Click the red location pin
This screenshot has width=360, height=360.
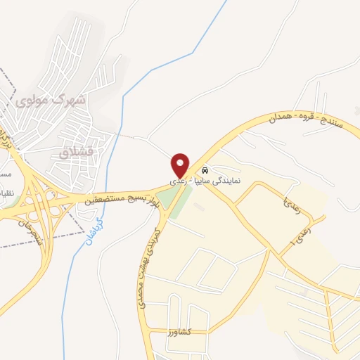click(181, 165)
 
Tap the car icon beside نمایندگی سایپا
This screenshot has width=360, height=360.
click(204, 171)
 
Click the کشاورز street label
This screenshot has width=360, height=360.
click(182, 330)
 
